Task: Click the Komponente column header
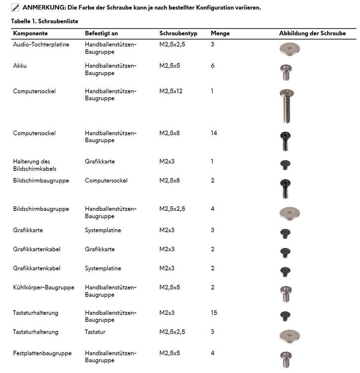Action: [30, 33]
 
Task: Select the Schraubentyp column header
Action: [179, 33]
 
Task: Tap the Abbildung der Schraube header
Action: [317, 33]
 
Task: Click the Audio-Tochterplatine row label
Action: [41, 45]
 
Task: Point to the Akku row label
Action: [20, 66]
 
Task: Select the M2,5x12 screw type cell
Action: [171, 91]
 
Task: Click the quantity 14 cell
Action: [214, 133]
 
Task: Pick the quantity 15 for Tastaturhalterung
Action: [214, 313]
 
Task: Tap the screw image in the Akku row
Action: [286, 72]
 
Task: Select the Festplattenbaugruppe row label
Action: [42, 354]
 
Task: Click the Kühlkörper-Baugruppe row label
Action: [44, 287]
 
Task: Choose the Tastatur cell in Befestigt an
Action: [96, 332]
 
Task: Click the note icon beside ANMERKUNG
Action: [15, 7]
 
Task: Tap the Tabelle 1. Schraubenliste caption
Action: [45, 21]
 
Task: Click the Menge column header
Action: [220, 33]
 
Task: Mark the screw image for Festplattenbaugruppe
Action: [286, 359]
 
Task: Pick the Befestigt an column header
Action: [101, 33]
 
